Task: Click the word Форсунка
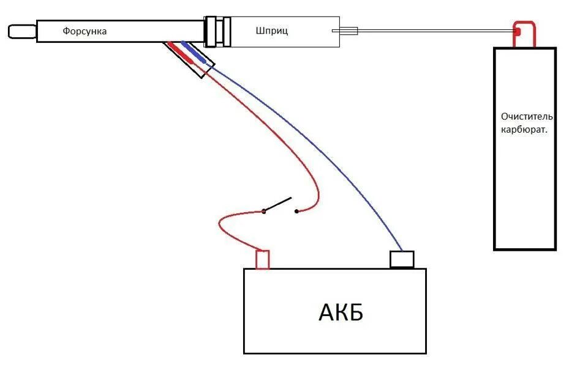[x=85, y=31]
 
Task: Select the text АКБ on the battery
[x=341, y=312]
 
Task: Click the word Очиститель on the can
[x=527, y=116]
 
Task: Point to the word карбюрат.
[x=525, y=130]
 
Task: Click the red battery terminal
[x=262, y=260]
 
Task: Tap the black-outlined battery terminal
[x=402, y=259]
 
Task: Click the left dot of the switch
[x=264, y=212]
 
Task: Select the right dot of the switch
[x=296, y=212]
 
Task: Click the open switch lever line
[x=279, y=205]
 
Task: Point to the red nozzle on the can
[x=517, y=31]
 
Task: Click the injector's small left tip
[x=22, y=30]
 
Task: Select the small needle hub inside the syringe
[x=349, y=31]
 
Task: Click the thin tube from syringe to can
[x=429, y=31]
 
